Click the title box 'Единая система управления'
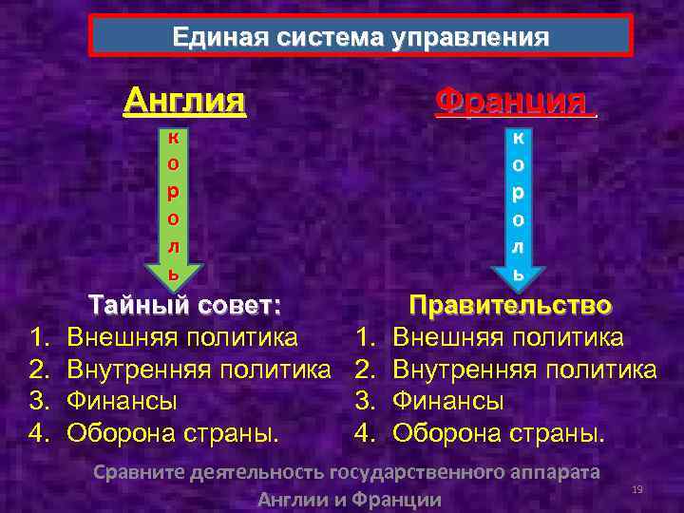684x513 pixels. [x=360, y=37]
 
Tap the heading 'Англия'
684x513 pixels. [x=185, y=99]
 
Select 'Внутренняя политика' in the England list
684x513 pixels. [x=199, y=369]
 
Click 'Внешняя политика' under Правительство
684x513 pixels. [x=507, y=336]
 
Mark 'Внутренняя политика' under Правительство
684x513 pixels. [x=523, y=369]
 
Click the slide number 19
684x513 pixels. [x=637, y=488]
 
